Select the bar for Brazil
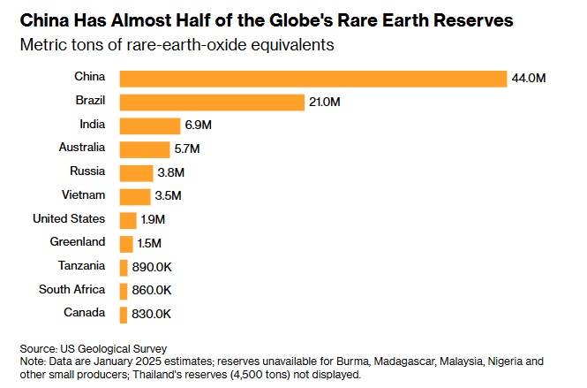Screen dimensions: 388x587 pyautogui.click(x=211, y=103)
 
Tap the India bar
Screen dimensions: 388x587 pyautogui.click(x=147, y=126)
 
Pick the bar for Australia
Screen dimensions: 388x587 pyautogui.click(x=144, y=149)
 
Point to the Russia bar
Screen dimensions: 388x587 pyautogui.click(x=135, y=172)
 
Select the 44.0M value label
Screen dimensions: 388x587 pyautogui.click(x=529, y=79)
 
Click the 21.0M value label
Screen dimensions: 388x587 pyautogui.click(x=325, y=103)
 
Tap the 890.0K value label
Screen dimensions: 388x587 pyautogui.click(x=152, y=266)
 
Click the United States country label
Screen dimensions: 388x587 pyautogui.click(x=69, y=218)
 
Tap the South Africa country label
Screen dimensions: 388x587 pyautogui.click(x=72, y=289)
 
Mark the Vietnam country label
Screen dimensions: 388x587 pyautogui.click(x=84, y=195)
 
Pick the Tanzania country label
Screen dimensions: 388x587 pyautogui.click(x=81, y=265)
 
